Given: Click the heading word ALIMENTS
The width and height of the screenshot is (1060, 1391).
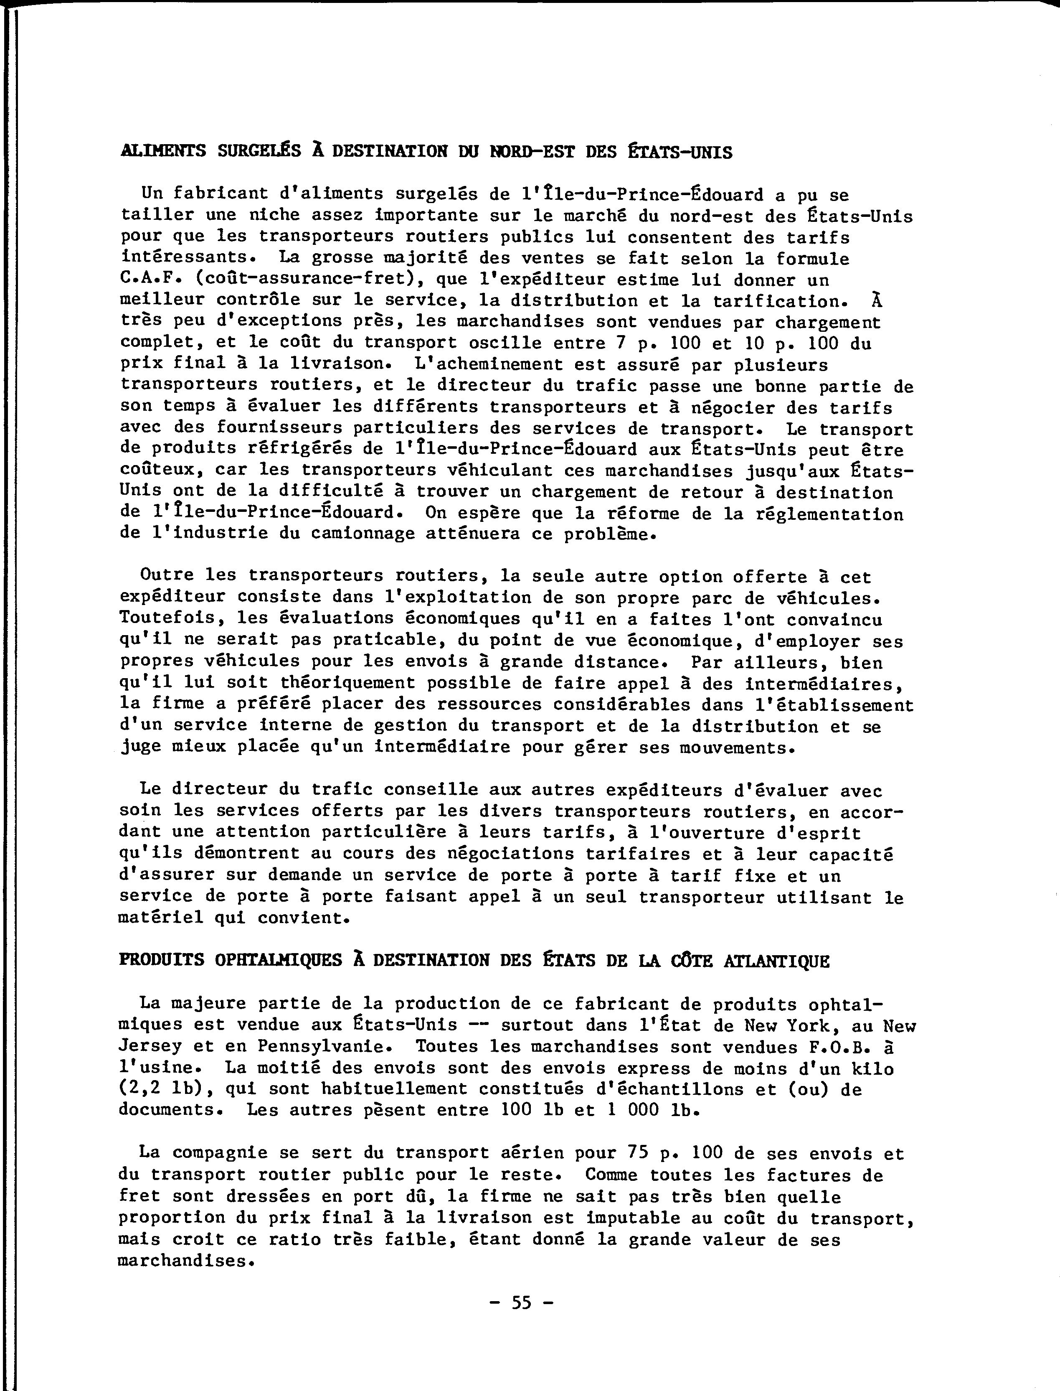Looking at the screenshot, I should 163,152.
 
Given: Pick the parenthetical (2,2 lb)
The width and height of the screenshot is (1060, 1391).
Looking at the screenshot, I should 167,1089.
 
